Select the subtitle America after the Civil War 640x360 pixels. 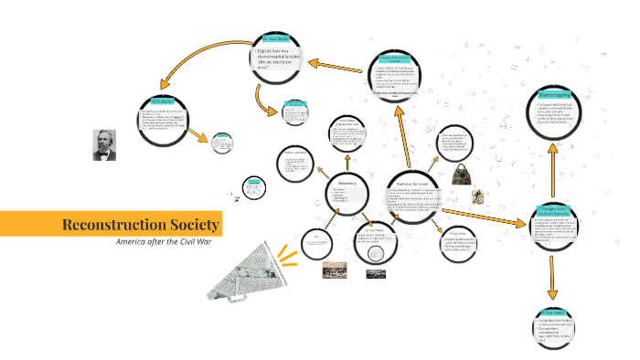click(x=168, y=243)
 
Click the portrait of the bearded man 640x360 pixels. click(x=104, y=144)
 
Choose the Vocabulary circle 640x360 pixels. click(x=347, y=191)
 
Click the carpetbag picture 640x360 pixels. click(x=463, y=174)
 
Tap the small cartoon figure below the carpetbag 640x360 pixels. click(x=475, y=197)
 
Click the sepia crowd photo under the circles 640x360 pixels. click(x=334, y=271)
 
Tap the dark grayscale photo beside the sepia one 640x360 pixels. click(x=376, y=272)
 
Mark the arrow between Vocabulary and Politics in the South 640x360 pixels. click(x=376, y=193)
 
